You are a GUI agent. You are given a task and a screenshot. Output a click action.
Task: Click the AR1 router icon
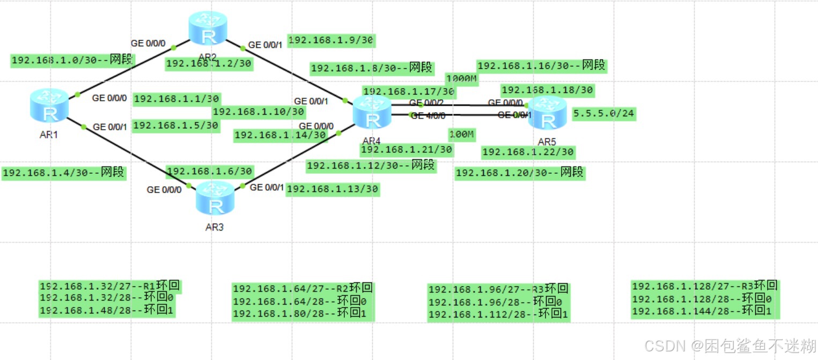click(x=49, y=106)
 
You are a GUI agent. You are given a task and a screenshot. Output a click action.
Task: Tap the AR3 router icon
click(x=215, y=198)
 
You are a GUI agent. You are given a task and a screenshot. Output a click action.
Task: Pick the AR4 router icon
click(x=372, y=113)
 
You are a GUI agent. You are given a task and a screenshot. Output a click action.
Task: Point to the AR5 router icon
click(x=547, y=114)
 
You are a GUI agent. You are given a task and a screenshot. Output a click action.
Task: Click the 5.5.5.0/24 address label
click(x=604, y=114)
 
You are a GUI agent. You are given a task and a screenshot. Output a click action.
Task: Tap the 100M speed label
click(x=461, y=134)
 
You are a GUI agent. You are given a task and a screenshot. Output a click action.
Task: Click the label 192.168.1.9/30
click(x=331, y=40)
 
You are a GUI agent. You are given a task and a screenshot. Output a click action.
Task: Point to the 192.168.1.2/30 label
click(x=209, y=64)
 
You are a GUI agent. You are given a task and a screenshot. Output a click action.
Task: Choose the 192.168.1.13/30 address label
click(x=333, y=189)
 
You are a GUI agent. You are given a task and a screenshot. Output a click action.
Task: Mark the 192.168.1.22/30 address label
click(x=528, y=152)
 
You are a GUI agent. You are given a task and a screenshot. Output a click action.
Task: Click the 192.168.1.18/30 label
click(x=547, y=90)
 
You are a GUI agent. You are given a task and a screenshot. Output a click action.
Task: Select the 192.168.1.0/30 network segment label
click(x=72, y=60)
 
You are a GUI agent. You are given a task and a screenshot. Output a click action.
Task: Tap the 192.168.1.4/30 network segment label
click(x=64, y=173)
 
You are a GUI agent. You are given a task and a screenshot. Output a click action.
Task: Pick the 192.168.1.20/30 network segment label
click(x=519, y=173)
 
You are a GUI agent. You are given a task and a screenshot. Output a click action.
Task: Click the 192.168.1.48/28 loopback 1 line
click(x=107, y=311)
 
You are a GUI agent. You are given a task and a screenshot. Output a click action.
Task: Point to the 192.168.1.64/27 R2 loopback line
click(x=303, y=288)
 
